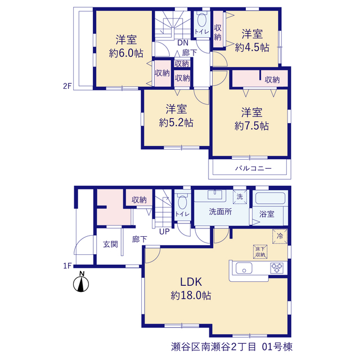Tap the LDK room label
(191, 282)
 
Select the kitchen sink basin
(244, 268)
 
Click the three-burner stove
(277, 268)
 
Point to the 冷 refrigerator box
(280, 236)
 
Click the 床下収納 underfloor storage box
(260, 251)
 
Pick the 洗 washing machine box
(240, 197)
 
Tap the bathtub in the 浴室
(270, 199)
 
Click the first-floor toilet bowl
(182, 202)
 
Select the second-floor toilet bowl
(202, 20)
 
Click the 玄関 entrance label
(110, 244)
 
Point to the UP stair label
(164, 232)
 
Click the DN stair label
(183, 43)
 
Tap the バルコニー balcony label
(253, 169)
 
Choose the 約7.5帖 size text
(251, 126)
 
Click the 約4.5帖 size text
(252, 47)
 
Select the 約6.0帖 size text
(126, 53)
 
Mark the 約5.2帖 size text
(176, 123)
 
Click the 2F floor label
(67, 86)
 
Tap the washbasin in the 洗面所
(215, 195)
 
